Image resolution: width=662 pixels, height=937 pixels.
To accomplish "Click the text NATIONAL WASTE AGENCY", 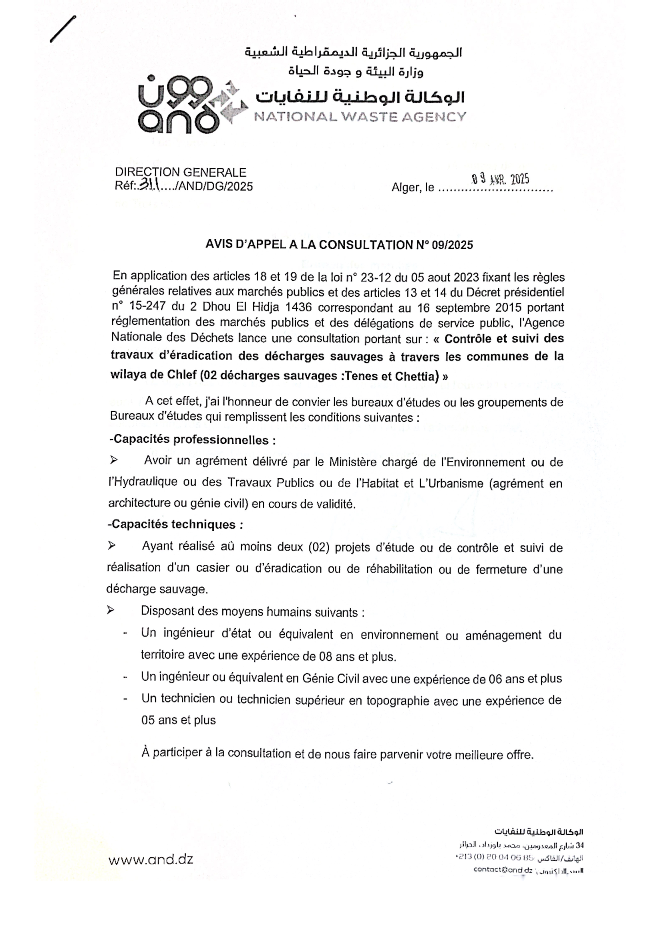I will [x=360, y=117].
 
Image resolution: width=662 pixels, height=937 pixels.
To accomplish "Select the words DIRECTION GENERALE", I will [x=180, y=172].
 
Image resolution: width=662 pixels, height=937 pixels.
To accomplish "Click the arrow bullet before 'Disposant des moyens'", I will [x=110, y=611].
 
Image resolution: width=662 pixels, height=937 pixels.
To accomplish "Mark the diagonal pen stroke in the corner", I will [x=63, y=29].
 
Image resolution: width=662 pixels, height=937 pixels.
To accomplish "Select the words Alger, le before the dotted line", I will [x=412, y=187].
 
